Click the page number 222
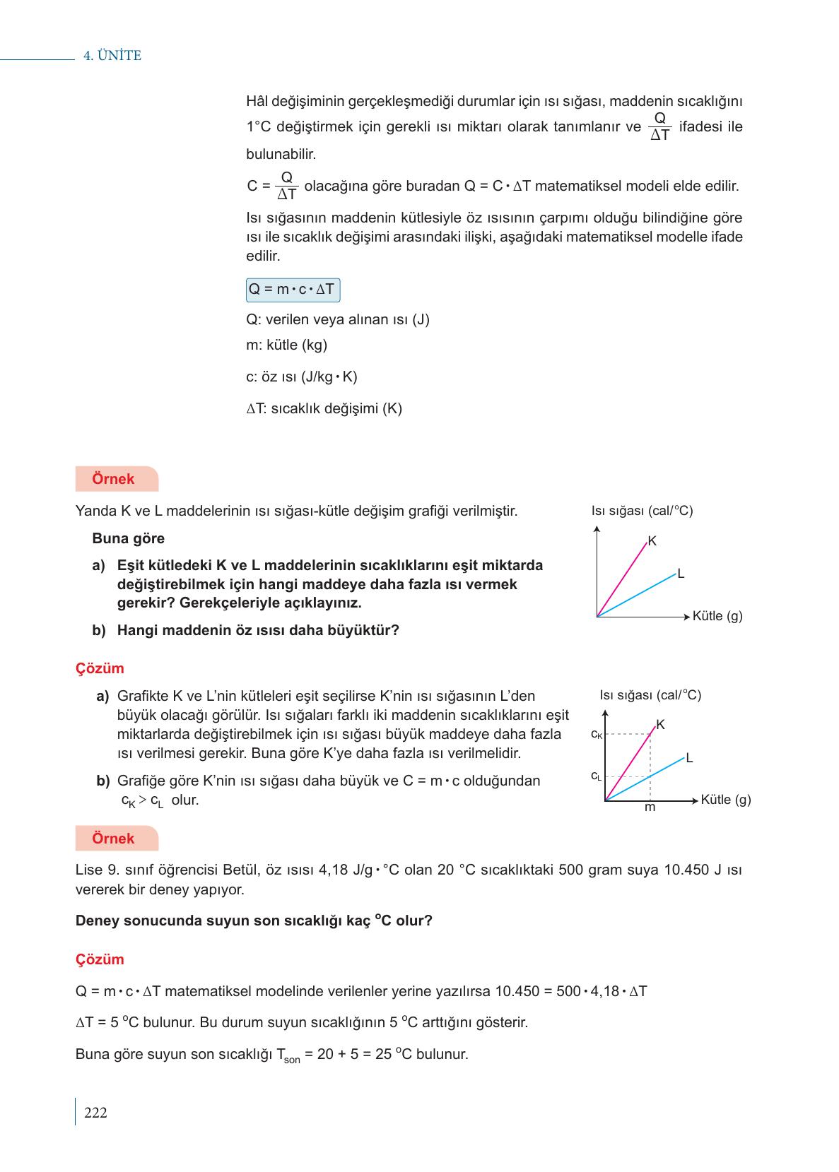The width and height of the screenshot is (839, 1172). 95,1113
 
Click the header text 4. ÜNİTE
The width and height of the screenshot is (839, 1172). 112,56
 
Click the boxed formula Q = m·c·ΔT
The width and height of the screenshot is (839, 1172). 293,290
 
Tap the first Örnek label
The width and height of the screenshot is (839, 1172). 113,479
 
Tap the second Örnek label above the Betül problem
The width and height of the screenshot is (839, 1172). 113,839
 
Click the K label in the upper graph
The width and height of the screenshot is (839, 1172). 652,541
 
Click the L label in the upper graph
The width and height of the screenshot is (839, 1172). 681,574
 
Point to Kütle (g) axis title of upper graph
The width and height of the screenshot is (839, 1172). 717,616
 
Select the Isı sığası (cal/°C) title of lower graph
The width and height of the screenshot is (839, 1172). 650,695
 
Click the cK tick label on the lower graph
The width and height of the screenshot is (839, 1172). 597,735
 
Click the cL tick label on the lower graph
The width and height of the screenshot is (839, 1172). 596,776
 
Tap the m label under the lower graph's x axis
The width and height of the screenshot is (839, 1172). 650,807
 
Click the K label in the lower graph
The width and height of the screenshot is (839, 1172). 660,725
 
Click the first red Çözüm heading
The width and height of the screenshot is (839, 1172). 100,668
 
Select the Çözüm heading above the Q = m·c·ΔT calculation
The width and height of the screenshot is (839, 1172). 100,959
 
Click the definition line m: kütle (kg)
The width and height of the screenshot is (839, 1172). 286,345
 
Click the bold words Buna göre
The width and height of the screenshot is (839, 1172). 128,538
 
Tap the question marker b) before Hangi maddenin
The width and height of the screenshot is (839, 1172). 99,630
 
